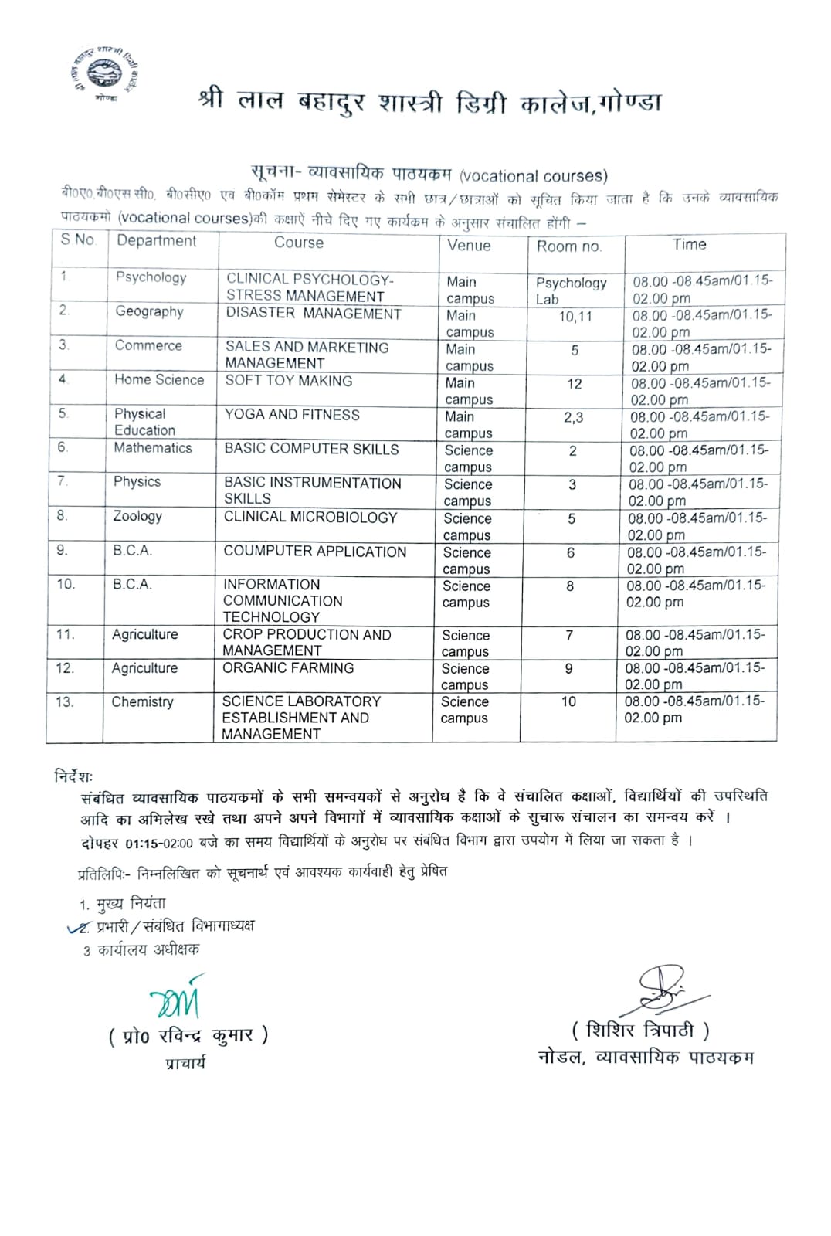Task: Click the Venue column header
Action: click(469, 246)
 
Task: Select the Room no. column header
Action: click(569, 246)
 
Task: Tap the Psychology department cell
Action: click(151, 277)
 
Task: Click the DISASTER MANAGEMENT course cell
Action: click(313, 314)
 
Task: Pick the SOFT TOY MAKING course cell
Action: click(289, 381)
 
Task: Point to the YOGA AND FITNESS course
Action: click(292, 415)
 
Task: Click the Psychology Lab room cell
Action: click(571, 290)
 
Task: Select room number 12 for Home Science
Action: click(575, 384)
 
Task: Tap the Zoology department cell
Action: click(137, 516)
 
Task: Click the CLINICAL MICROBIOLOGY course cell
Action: click(310, 518)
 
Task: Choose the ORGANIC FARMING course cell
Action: click(288, 668)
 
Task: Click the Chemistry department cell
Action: click(142, 702)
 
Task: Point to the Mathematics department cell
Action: click(153, 448)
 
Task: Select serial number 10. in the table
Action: click(66, 585)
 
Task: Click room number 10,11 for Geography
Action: click(575, 316)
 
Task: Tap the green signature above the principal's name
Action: click(177, 998)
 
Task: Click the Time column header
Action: click(689, 245)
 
